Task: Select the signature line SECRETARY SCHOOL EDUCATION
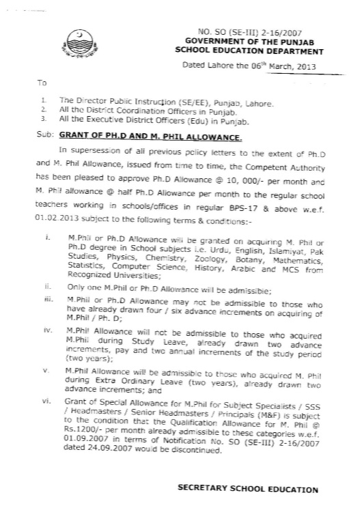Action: pos(247,489)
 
